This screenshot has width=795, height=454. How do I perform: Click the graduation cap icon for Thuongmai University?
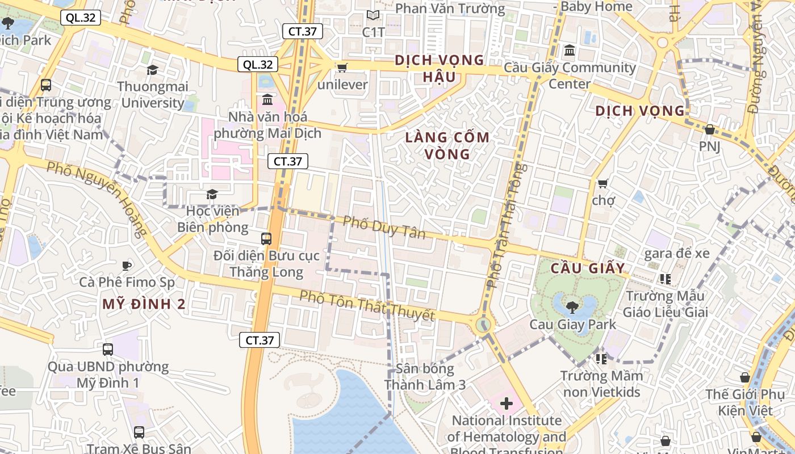pyautogui.click(x=152, y=70)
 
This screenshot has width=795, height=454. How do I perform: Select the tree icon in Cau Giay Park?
pyautogui.click(x=572, y=307)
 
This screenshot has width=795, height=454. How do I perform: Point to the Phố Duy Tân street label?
pyautogui.click(x=384, y=227)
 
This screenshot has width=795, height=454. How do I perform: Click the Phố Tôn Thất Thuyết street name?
pyautogui.click(x=367, y=306)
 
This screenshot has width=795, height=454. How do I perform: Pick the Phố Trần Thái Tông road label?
pyautogui.click(x=505, y=225)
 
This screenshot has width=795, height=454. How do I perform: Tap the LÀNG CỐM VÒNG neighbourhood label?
pyautogui.click(x=447, y=145)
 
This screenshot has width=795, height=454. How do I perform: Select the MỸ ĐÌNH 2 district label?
pyautogui.click(x=144, y=304)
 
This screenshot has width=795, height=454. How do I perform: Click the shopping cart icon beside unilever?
pyautogui.click(x=342, y=68)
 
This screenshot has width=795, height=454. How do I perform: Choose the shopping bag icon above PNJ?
pyautogui.click(x=709, y=129)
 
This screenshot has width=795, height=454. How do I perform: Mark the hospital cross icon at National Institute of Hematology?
pyautogui.click(x=506, y=403)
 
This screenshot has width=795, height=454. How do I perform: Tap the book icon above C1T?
pyautogui.click(x=373, y=15)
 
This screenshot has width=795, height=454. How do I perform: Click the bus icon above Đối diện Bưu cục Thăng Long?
pyautogui.click(x=266, y=238)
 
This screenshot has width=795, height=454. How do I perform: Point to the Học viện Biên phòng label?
pyautogui.click(x=212, y=219)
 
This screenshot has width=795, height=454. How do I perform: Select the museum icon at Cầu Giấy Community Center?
pyautogui.click(x=570, y=51)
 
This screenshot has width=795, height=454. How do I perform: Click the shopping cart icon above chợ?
pyautogui.click(x=603, y=183)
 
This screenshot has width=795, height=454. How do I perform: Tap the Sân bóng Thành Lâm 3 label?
pyautogui.click(x=425, y=377)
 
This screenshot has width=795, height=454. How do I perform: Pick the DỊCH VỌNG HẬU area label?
pyautogui.click(x=439, y=68)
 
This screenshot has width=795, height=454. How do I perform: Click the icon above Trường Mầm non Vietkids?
pyautogui.click(x=601, y=359)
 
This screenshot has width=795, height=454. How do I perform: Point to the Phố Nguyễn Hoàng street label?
pyautogui.click(x=97, y=199)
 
